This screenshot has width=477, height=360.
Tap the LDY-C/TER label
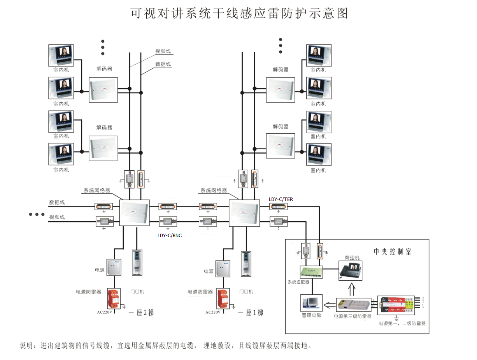pos(281,199)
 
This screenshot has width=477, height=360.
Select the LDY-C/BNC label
pos(170,235)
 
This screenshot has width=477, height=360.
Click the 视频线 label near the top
pos(163,51)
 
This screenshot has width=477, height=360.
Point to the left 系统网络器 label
pos(97,190)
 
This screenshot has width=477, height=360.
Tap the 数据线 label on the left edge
pos(57,203)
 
